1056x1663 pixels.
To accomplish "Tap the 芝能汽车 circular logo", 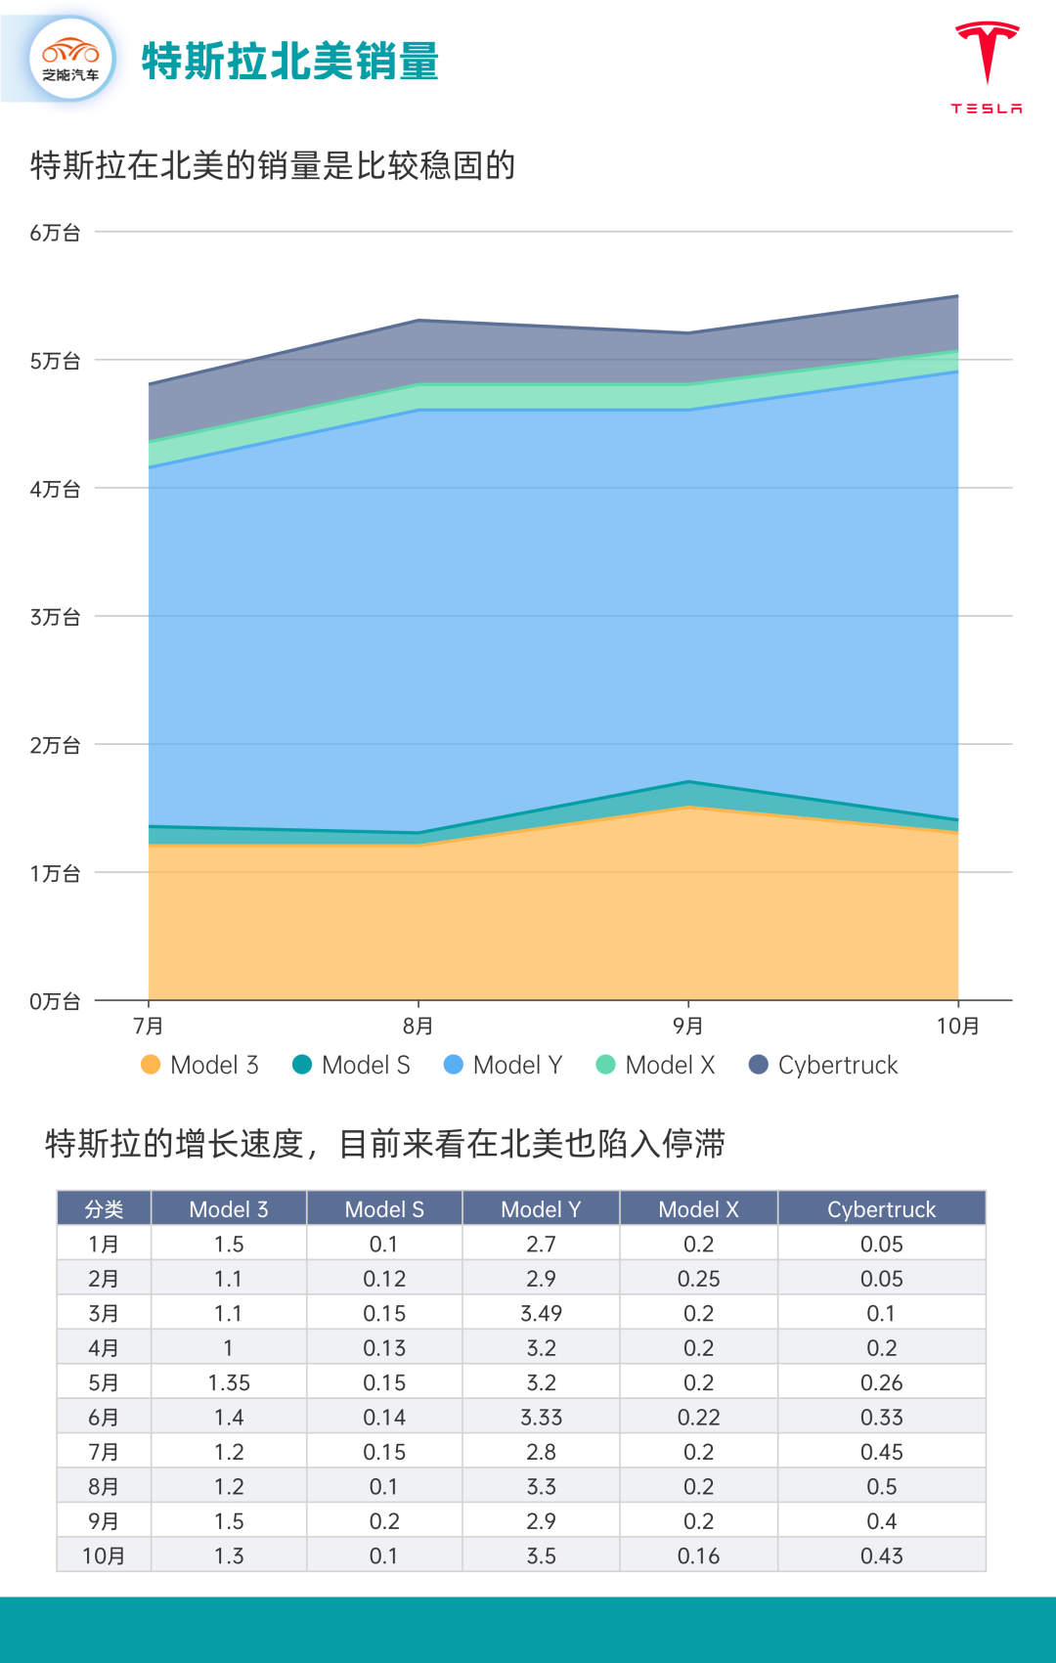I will [71, 60].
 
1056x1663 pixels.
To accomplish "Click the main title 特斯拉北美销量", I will [289, 62].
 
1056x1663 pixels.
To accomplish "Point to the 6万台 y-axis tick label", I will [55, 233].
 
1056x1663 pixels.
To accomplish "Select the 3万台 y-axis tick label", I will [55, 617].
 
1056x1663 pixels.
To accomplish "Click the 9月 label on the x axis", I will [688, 1026].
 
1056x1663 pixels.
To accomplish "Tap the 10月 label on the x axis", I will [957, 1026].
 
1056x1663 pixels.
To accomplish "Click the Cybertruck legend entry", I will [823, 1065].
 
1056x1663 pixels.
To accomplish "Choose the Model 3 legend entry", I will [200, 1065].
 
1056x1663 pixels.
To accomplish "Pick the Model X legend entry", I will [656, 1065].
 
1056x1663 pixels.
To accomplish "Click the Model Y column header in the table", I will [541, 1209].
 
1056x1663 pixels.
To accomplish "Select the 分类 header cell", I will [104, 1209].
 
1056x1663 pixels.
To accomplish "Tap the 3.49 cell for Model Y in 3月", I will [541, 1313].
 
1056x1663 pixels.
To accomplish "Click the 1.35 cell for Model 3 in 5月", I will [229, 1382].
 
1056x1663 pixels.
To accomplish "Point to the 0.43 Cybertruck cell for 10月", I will [881, 1555].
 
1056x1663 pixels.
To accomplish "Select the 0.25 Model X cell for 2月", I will [698, 1279].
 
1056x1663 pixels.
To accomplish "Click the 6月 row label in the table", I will [104, 1418].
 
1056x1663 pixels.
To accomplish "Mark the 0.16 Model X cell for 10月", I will [698, 1555].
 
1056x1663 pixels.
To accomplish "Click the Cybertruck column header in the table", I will [881, 1209].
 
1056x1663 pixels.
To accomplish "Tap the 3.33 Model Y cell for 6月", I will [541, 1418].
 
